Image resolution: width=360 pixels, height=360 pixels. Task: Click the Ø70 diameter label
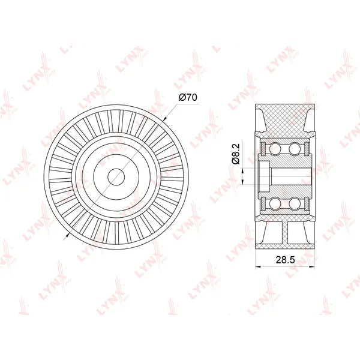coord(188,98)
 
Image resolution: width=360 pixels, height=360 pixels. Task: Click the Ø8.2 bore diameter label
coord(236,154)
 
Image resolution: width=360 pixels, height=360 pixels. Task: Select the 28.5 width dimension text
coord(285,260)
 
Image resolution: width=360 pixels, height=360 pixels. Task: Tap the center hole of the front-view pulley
coord(116,177)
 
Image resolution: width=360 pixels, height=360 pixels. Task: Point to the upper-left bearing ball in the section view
coord(275,149)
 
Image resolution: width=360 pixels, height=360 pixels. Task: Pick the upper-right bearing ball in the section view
coord(295,149)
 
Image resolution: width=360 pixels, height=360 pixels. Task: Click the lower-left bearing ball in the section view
coord(275,203)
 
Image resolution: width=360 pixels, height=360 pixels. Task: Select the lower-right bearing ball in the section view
coord(295,203)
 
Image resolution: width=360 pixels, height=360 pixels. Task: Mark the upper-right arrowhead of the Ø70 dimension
coord(164,119)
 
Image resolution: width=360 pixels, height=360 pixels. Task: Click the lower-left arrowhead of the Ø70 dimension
coord(68,234)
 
